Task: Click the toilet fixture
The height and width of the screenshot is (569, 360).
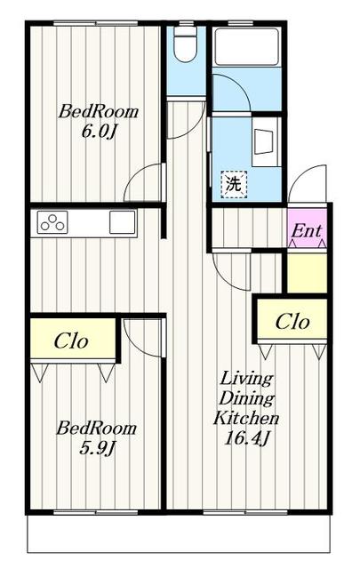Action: (x=185, y=44)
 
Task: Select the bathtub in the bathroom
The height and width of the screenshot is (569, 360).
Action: (x=247, y=46)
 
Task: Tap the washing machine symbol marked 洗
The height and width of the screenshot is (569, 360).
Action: (x=234, y=185)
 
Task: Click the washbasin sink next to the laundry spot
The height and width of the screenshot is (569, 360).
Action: (x=264, y=142)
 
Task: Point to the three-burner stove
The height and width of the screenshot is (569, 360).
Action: (x=52, y=222)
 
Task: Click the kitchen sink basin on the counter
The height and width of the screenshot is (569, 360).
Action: (x=123, y=222)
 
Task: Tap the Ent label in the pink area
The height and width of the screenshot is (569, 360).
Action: (x=307, y=231)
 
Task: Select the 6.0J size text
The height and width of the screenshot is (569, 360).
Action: (x=99, y=132)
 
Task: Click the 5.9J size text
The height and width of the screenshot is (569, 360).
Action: (x=97, y=448)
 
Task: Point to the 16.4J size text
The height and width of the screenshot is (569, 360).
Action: (x=246, y=439)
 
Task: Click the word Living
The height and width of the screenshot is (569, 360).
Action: (x=246, y=380)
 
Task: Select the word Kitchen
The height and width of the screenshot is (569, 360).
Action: (x=246, y=419)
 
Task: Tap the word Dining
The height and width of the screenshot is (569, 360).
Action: (x=246, y=399)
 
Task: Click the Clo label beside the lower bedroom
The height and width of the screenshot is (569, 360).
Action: (x=71, y=341)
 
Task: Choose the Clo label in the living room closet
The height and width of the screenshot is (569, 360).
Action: (x=292, y=322)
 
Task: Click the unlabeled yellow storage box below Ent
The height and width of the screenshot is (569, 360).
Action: (x=307, y=273)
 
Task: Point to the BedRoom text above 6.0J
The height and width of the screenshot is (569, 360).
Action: (x=99, y=111)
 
